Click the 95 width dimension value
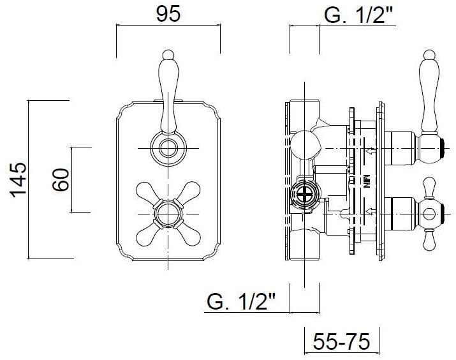tap(168, 14)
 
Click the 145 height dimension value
tap(18, 180)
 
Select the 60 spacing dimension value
tap(61, 179)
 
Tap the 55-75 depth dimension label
tap(341, 341)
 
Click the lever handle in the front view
tap(168, 93)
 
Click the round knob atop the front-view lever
tap(168, 54)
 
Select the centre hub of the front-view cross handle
tap(168, 214)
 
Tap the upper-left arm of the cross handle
tap(147, 191)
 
